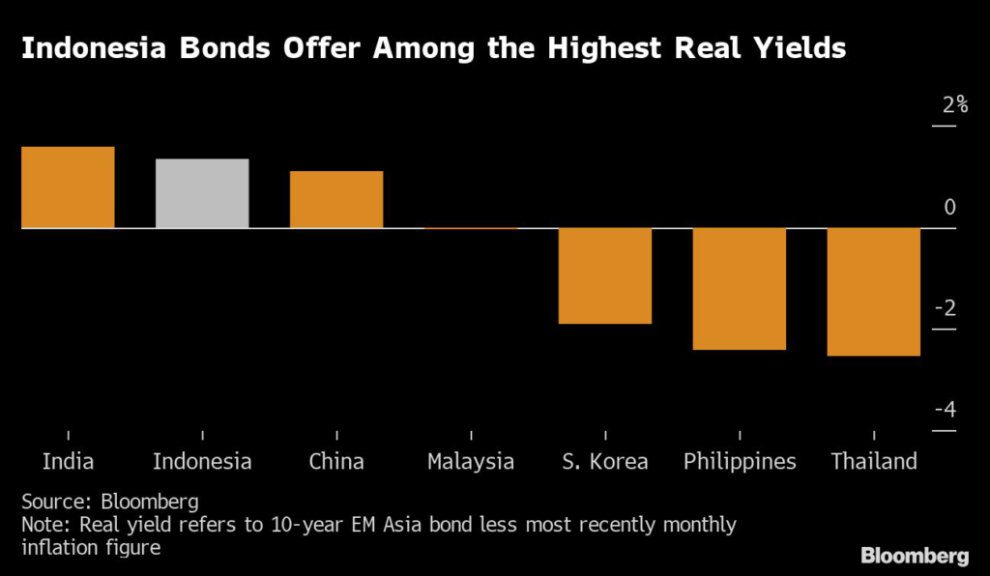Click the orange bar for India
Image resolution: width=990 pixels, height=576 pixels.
(x=68, y=187)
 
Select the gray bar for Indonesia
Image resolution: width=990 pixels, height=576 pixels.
(x=202, y=193)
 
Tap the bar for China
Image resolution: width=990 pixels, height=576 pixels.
(x=336, y=199)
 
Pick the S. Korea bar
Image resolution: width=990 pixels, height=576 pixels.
(x=605, y=275)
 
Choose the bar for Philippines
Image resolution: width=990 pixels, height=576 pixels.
(x=740, y=288)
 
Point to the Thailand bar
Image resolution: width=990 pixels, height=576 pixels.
(x=874, y=292)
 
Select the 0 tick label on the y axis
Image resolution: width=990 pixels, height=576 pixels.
(x=949, y=207)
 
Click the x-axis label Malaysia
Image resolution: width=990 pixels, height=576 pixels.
(x=471, y=462)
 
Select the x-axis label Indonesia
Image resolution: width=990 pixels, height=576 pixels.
(x=202, y=462)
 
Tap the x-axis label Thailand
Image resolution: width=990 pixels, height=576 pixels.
(x=874, y=462)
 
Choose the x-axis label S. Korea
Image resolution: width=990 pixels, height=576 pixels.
(x=605, y=462)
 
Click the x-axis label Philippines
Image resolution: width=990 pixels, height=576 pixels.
(x=740, y=462)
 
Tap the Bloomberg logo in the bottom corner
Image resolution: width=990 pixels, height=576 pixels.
(x=915, y=556)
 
